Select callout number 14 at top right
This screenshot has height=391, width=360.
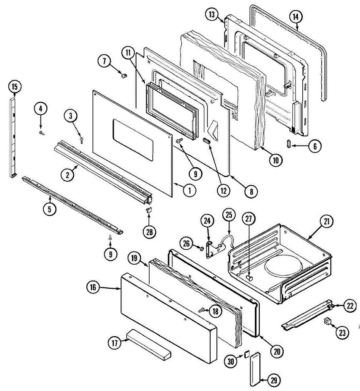point(295,17)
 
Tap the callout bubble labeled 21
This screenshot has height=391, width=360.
point(326,222)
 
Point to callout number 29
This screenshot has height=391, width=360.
point(275,380)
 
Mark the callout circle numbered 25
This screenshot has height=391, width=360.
point(229,215)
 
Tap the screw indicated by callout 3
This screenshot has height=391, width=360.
point(81,140)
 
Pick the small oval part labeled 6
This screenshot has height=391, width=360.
point(289,143)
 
